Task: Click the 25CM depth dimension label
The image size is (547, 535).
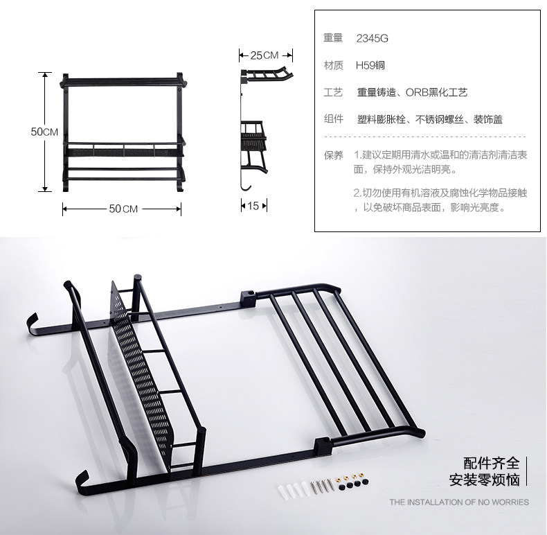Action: (x=264, y=55)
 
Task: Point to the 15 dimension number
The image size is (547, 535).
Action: (x=253, y=206)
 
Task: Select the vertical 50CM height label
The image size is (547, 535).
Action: (x=44, y=132)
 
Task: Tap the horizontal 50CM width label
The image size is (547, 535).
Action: (x=124, y=209)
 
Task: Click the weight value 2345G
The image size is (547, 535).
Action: (x=372, y=39)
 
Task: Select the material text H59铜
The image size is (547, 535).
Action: (x=370, y=66)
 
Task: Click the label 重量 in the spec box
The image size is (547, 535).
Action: (x=333, y=39)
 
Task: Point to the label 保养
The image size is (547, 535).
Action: (x=333, y=155)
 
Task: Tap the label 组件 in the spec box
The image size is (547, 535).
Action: (x=333, y=119)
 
